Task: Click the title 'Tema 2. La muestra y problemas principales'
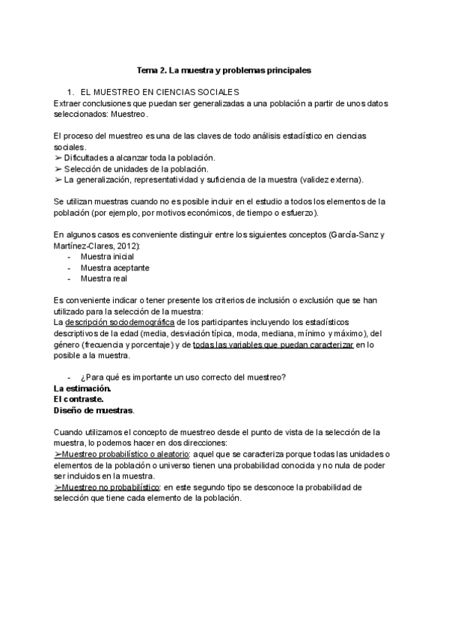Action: pyautogui.click(x=224, y=70)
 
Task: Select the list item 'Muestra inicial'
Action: pyautogui.click(x=107, y=256)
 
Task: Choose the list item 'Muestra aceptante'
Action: pyautogui.click(x=114, y=267)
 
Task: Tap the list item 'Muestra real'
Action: pyautogui.click(x=103, y=279)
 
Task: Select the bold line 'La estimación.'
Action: pyautogui.click(x=82, y=389)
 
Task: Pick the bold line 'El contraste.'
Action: pyautogui.click(x=78, y=399)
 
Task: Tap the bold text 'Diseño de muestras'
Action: pyautogui.click(x=94, y=410)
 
